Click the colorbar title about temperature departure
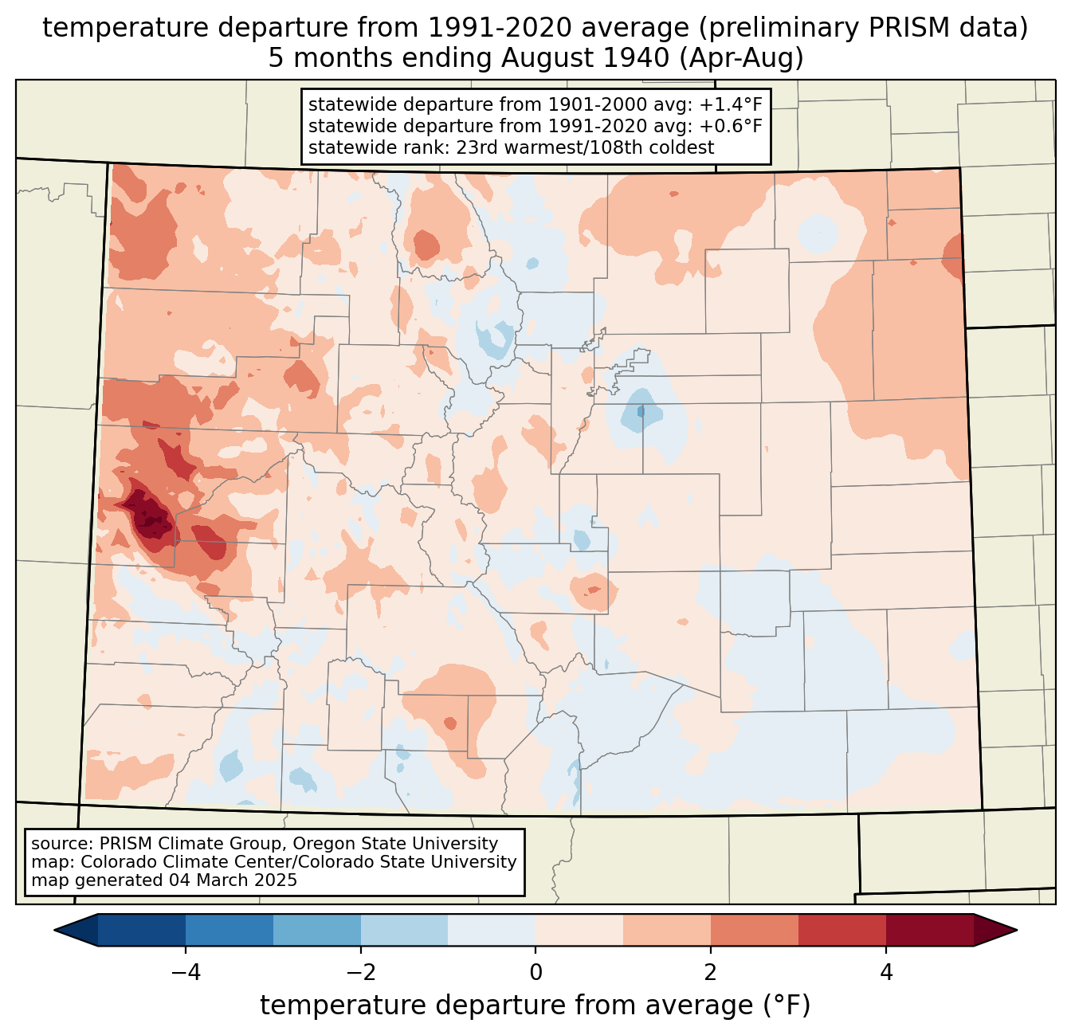[535, 1006]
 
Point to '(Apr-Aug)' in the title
[745, 58]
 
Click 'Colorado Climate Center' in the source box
[169, 862]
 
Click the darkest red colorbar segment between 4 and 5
[929, 930]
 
